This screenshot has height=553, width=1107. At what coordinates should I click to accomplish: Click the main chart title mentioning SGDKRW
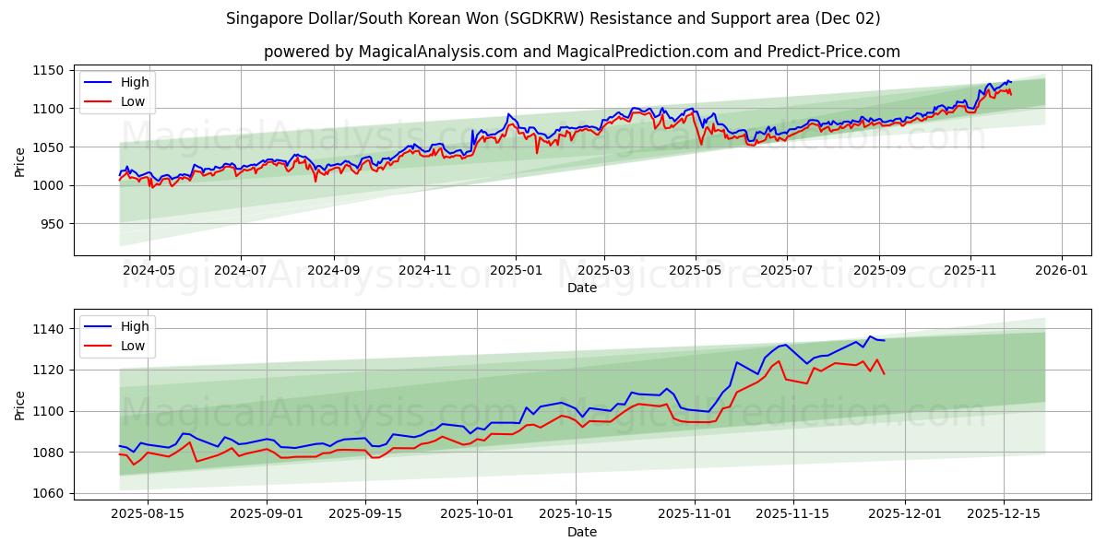pos(553,18)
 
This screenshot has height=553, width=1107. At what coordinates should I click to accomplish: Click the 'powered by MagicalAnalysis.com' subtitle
pos(581,52)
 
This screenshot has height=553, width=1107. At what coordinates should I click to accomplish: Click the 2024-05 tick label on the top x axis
pos(149,271)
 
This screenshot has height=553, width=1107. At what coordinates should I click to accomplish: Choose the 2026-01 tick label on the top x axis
pos(1061,271)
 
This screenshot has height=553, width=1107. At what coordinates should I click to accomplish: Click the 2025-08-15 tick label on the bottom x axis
pos(147,514)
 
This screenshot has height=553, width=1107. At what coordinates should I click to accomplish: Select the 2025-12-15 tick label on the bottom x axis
pos(1004,514)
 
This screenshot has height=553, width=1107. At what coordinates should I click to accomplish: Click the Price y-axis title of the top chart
pos(20,162)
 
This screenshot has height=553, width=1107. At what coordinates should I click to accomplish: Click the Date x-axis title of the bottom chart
pos(582,532)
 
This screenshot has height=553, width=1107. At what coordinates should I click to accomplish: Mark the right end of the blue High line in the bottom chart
pos(884,340)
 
